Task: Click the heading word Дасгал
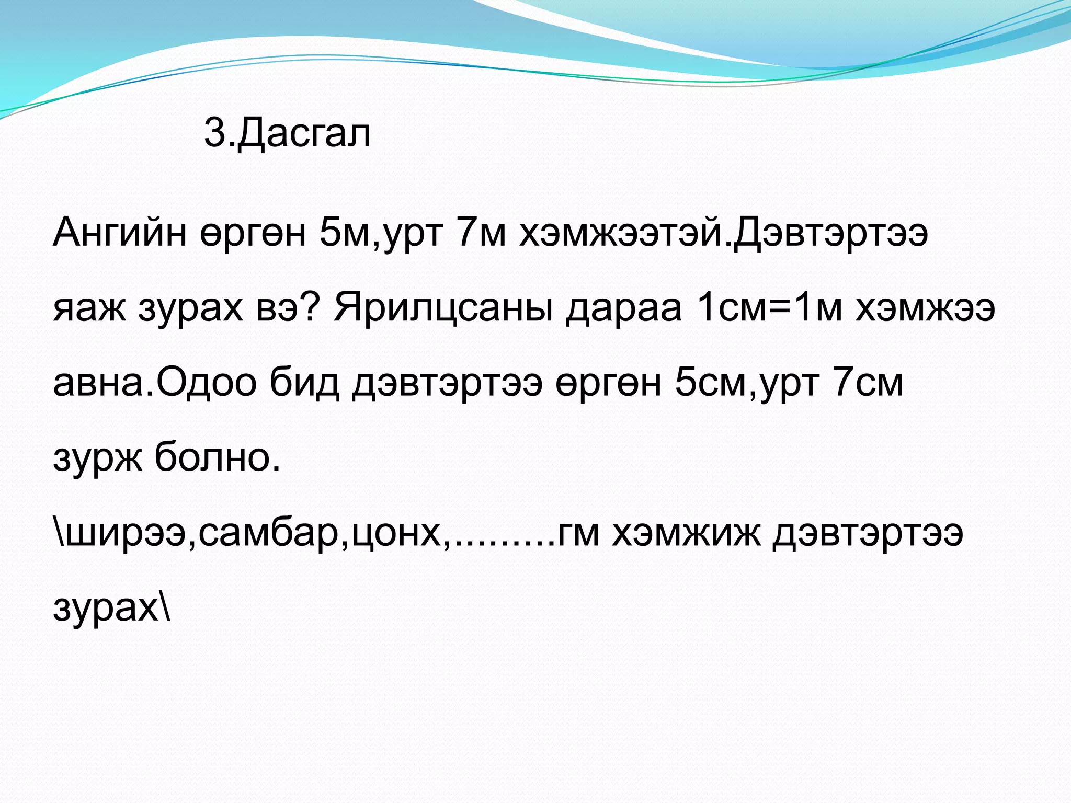click(304, 133)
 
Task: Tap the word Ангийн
click(119, 233)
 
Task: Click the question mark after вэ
click(310, 307)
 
